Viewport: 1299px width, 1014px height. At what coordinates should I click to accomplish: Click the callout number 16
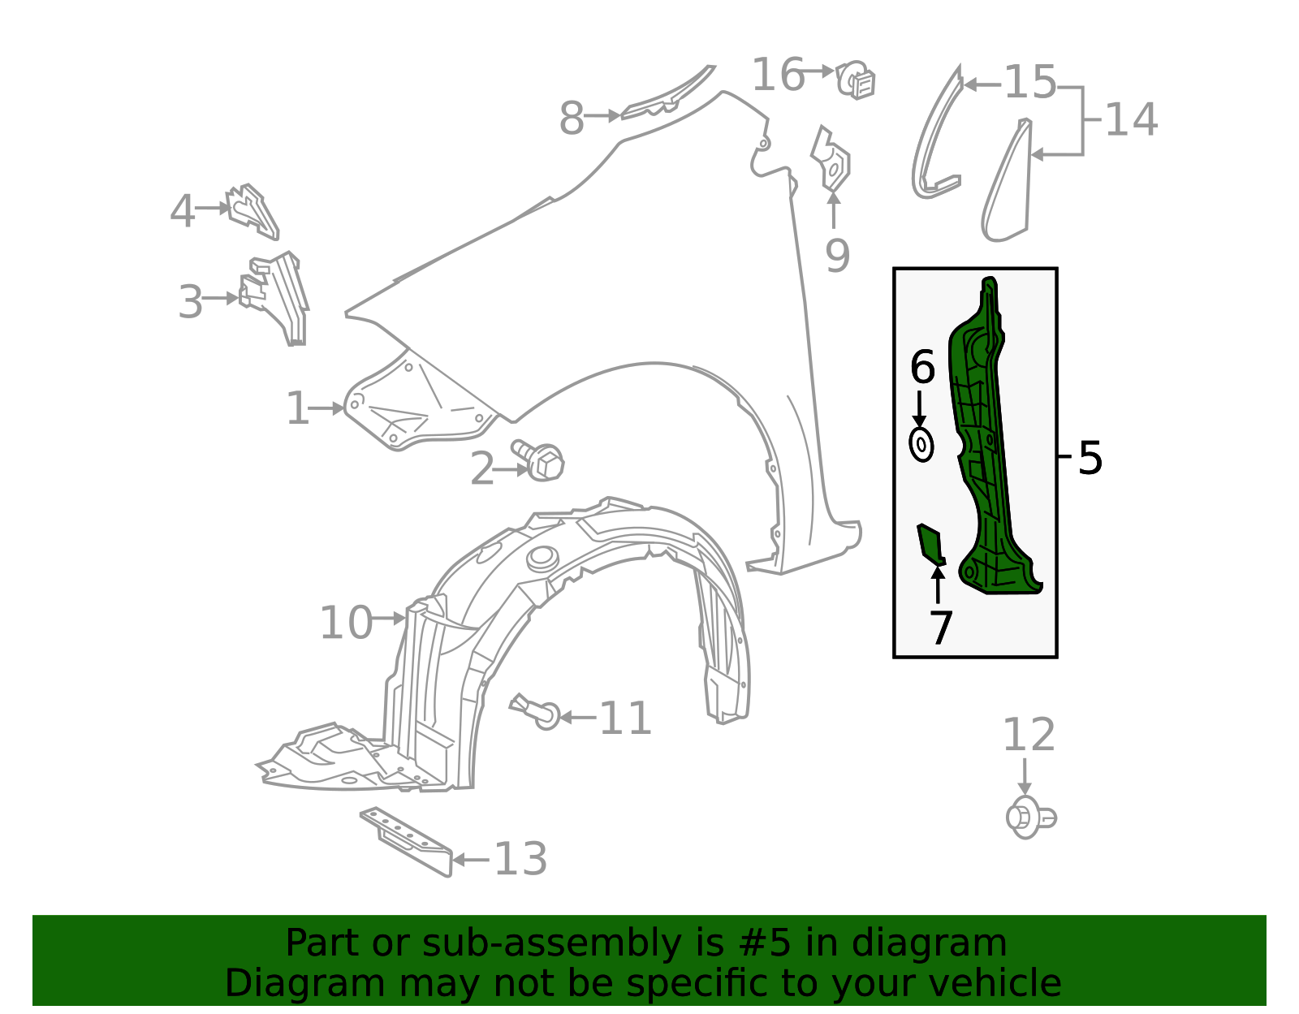point(777,75)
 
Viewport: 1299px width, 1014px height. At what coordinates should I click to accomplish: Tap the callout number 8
point(572,119)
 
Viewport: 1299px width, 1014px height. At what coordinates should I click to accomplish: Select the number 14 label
point(1131,120)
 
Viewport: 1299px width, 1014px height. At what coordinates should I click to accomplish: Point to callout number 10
point(346,623)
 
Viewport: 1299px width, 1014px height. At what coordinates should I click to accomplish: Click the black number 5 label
point(1090,459)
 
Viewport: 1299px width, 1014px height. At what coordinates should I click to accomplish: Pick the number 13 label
point(520,859)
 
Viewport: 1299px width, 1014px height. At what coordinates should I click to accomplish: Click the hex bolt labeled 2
point(538,460)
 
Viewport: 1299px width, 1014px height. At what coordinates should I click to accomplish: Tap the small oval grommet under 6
point(921,445)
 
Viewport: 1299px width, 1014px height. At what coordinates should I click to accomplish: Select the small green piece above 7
point(930,544)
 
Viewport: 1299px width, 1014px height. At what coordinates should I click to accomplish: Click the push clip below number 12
point(1030,817)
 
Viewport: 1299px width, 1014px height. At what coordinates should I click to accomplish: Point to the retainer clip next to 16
point(856,80)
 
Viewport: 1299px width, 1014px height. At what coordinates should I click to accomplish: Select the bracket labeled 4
point(252,212)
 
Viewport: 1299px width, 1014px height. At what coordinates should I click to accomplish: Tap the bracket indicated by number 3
point(276,298)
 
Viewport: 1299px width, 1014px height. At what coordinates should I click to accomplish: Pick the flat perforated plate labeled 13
point(407,842)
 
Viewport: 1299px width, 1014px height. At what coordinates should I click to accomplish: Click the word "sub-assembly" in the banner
point(551,943)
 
